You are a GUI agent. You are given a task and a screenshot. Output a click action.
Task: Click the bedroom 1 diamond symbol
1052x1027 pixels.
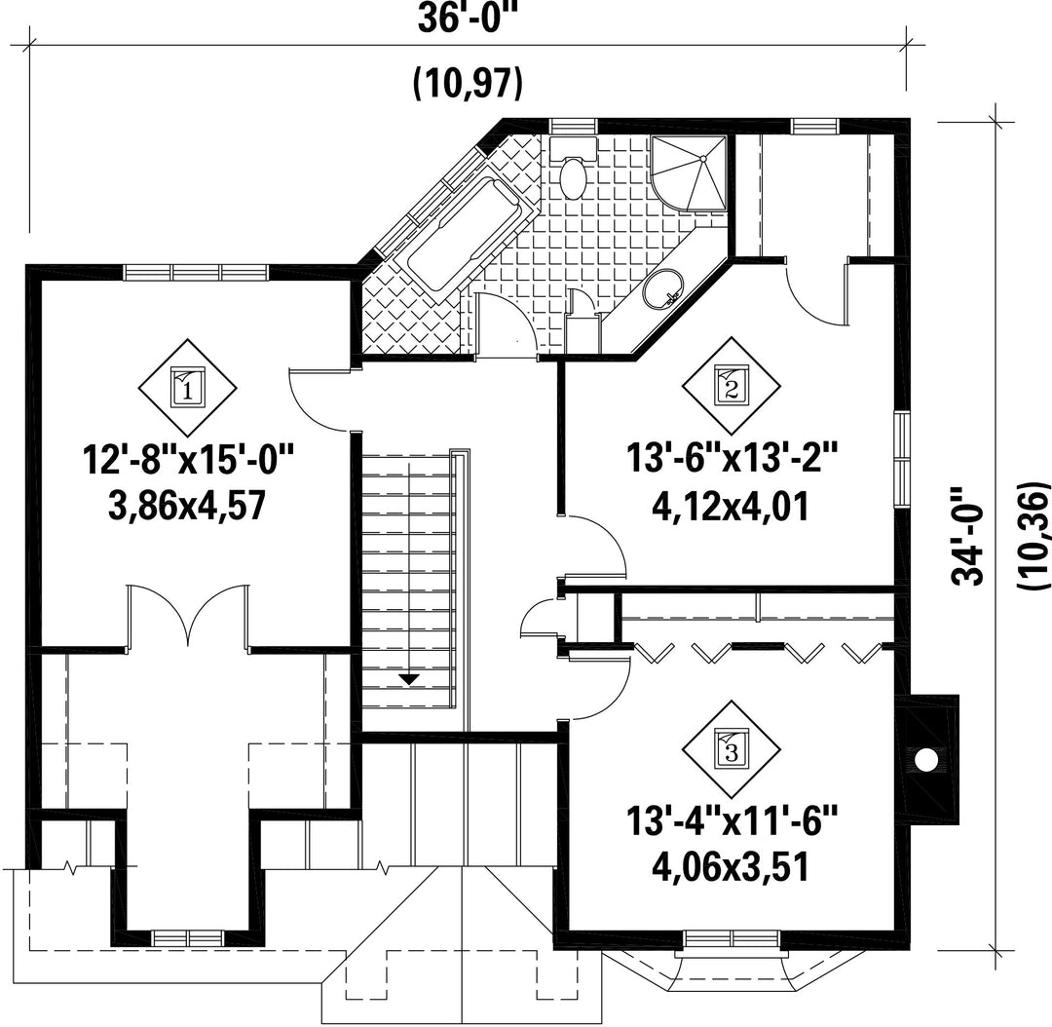coord(188,388)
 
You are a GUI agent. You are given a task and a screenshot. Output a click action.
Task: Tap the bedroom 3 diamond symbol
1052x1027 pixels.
coord(732,750)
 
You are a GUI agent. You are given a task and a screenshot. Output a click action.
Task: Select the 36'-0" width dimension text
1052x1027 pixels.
coord(470,19)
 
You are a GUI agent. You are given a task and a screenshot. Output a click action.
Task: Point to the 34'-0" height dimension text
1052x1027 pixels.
coord(968,536)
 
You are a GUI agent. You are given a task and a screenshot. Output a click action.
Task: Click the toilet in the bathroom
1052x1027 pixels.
coord(574,167)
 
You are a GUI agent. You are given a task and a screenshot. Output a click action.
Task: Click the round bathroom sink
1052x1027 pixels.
coord(663,288)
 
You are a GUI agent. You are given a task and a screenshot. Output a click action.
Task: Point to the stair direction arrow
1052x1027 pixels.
coord(408,679)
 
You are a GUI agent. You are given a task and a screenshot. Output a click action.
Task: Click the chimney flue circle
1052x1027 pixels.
coord(926,760)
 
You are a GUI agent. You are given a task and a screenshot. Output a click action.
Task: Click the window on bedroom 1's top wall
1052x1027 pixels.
coord(196,272)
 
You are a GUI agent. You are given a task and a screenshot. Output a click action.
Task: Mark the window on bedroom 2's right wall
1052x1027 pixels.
coord(902,459)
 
